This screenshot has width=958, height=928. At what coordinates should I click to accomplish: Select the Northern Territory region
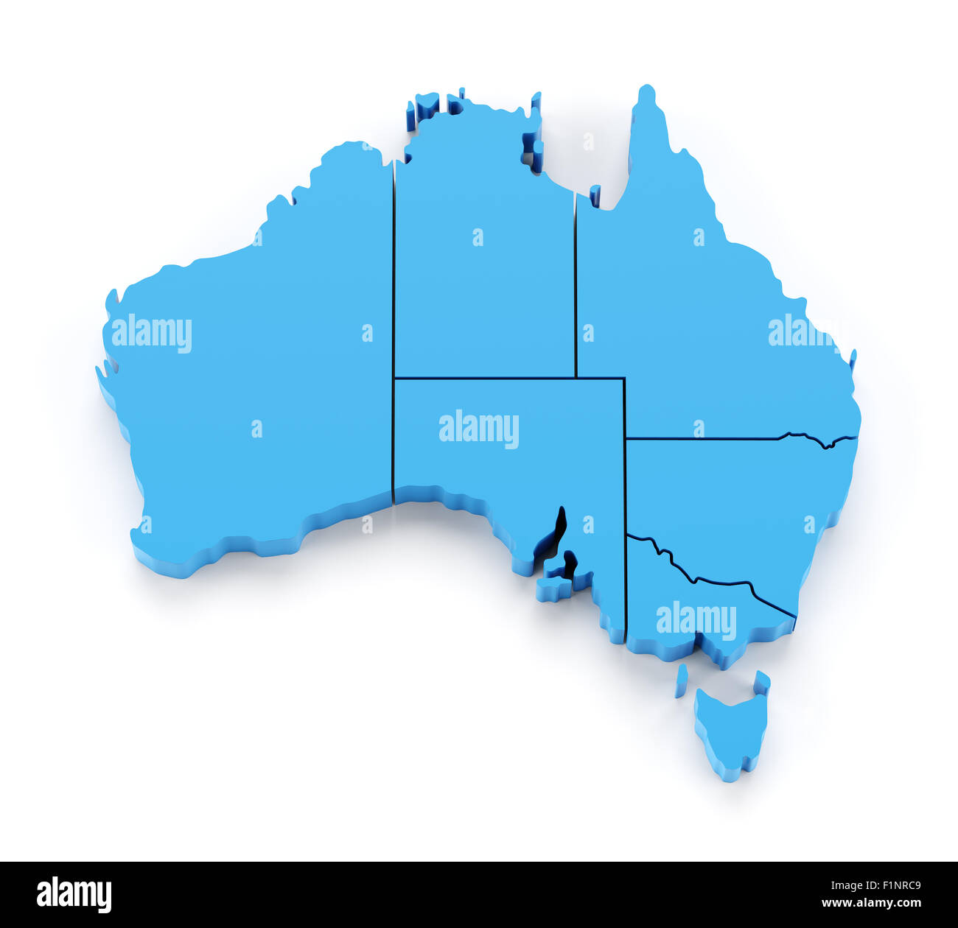point(483,280)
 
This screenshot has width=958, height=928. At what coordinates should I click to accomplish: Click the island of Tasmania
point(730,729)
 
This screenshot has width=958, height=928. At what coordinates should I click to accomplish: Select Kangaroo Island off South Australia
point(554,588)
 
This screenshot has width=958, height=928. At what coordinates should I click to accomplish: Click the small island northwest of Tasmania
point(681,681)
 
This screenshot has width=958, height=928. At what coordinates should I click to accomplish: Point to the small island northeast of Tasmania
point(761,683)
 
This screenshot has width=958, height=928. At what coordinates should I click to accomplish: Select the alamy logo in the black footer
point(74,894)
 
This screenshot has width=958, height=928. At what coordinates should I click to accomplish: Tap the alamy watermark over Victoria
point(696,621)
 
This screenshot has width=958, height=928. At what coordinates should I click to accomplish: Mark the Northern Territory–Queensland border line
point(575,295)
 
